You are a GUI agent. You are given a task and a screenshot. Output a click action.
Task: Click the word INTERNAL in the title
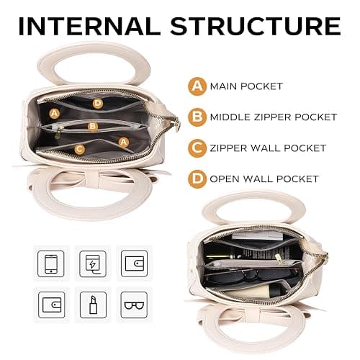pos(89,26)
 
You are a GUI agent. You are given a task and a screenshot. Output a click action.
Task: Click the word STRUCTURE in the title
pos(256,26)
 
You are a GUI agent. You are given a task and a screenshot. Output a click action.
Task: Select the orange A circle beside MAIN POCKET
pos(197,86)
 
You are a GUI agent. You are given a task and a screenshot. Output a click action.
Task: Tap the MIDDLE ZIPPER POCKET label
pos(274,117)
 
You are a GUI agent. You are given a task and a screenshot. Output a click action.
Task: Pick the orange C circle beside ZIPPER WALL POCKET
pos(197,148)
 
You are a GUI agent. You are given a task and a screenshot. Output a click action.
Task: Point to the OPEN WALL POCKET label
pos(264,179)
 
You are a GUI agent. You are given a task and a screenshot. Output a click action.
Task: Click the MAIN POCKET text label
pos(246,86)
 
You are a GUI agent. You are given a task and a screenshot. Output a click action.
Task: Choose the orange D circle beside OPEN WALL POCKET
pos(197,179)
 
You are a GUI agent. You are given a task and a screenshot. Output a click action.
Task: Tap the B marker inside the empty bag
pos(93,126)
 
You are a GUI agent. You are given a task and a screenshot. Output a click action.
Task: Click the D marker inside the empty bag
pos(98,104)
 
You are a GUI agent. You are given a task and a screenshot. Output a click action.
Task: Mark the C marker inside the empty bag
pos(80,149)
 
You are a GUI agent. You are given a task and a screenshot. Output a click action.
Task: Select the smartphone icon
pos(51,264)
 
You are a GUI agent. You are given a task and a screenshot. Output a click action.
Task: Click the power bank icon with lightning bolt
pos(93,264)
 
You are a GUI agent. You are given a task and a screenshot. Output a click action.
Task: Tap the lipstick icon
pos(93,305)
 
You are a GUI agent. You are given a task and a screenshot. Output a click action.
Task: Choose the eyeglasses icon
pos(134,305)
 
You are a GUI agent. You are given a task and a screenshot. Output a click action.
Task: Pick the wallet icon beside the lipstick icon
pos(52,305)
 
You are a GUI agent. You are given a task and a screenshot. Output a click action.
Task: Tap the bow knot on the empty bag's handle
pos(92,179)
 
